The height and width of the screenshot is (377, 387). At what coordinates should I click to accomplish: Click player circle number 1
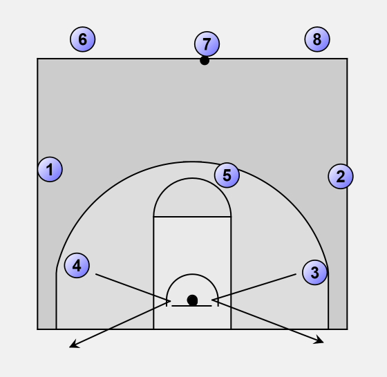pyautogui.click(x=50, y=169)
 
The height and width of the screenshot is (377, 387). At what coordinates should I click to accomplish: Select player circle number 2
pyautogui.click(x=341, y=176)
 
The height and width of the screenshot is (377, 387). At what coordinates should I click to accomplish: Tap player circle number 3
pyautogui.click(x=314, y=273)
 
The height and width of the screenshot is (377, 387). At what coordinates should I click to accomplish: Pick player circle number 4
pyautogui.click(x=77, y=266)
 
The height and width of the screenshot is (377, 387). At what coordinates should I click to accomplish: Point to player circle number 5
pyautogui.click(x=227, y=175)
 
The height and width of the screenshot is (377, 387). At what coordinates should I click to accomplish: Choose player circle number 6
pyautogui.click(x=83, y=39)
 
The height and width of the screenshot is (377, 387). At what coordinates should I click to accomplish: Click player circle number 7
pyautogui.click(x=207, y=44)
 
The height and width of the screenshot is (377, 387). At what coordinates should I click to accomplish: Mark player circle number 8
pyautogui.click(x=317, y=39)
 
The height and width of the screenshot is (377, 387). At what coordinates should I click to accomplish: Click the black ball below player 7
pyautogui.click(x=205, y=60)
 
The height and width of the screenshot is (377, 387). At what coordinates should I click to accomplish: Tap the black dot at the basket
pyautogui.click(x=192, y=300)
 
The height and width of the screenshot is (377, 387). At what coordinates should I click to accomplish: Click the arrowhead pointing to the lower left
pyautogui.click(x=74, y=345)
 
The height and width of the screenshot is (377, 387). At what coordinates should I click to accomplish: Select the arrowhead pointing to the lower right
pyautogui.click(x=319, y=340)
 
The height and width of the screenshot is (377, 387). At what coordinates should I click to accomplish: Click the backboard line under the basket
pyautogui.click(x=192, y=306)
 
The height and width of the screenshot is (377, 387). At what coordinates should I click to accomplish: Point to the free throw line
pyautogui.click(x=192, y=217)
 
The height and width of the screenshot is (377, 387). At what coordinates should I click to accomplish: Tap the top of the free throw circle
pyautogui.click(x=192, y=178)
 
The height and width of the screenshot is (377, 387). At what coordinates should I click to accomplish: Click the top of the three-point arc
pyautogui.click(x=192, y=162)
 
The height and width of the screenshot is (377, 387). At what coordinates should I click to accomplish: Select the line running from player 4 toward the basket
pyautogui.click(x=133, y=287)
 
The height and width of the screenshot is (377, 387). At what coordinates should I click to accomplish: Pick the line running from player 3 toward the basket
pyautogui.click(x=254, y=287)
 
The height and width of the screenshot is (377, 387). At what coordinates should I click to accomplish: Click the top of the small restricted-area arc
pyautogui.click(x=192, y=274)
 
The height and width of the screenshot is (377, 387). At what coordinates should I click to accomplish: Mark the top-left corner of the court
pyautogui.click(x=37, y=59)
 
